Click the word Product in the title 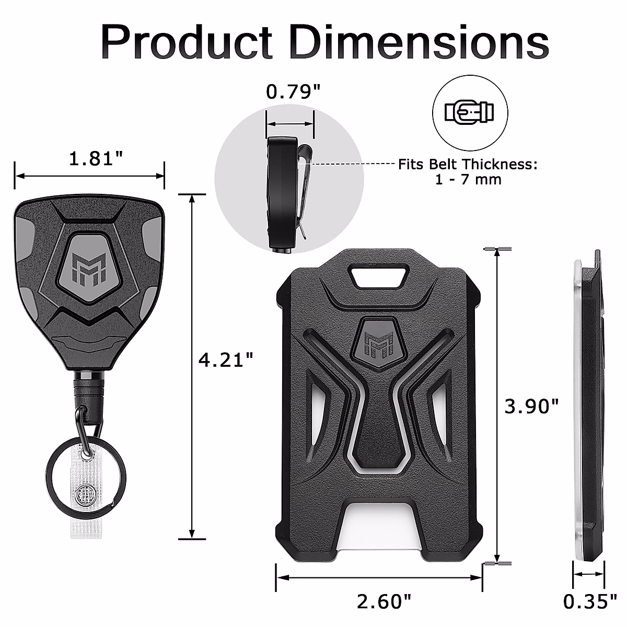tap(187, 42)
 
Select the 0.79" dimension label tap(293, 92)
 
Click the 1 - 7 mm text tap(468, 180)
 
